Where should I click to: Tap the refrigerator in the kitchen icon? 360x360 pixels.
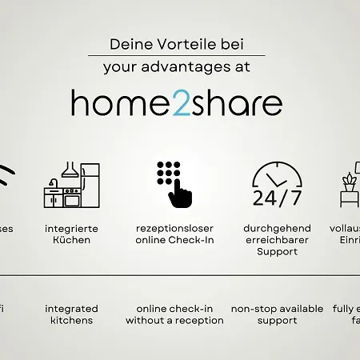point(90,186)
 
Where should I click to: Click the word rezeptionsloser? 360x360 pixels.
point(174,228)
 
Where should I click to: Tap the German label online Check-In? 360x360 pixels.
point(174,240)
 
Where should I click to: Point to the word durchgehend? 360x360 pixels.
point(277,228)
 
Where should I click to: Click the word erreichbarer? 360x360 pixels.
point(277,240)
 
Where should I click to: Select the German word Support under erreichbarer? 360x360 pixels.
point(277,252)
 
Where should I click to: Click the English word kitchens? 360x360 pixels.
point(71,320)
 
